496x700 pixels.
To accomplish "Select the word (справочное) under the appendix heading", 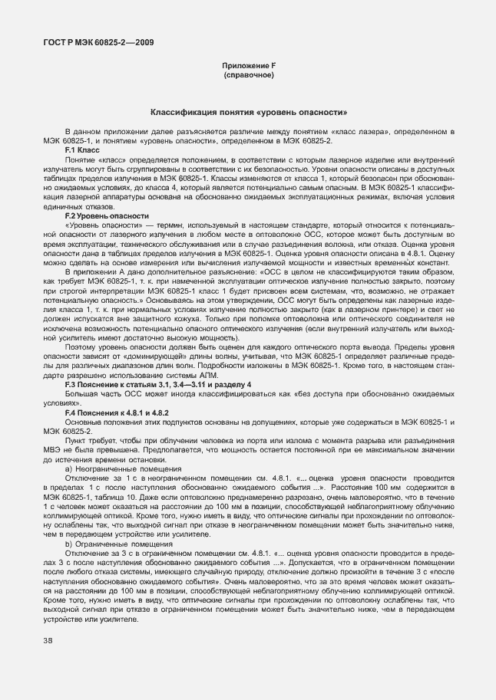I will coord(247,76).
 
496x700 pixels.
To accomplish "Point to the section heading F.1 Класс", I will coord(79,150).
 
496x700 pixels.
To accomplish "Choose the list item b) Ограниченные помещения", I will coord(113,544).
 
